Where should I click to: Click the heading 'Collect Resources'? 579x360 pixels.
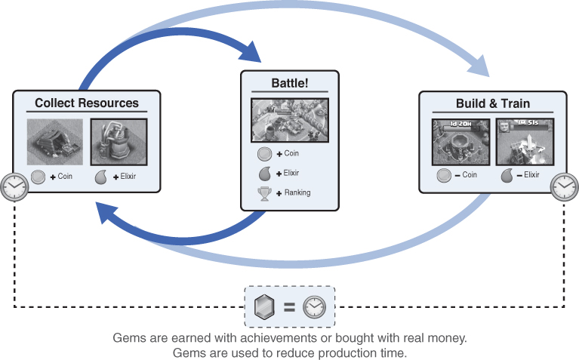click(x=87, y=103)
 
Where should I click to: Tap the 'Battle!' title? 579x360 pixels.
click(x=290, y=83)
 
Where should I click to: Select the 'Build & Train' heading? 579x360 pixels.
click(x=492, y=103)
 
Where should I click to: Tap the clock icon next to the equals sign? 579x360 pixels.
click(x=314, y=307)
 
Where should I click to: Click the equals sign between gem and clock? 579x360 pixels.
click(x=289, y=307)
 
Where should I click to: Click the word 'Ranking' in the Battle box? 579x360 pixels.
click(x=297, y=192)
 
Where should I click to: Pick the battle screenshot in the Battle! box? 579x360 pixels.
click(x=290, y=121)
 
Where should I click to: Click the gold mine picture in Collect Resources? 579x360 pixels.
click(x=55, y=141)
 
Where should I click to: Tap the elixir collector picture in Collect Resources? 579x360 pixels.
click(x=119, y=141)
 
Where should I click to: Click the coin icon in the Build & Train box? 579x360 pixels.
click(x=445, y=175)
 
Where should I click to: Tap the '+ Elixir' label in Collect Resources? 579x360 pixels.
click(x=127, y=178)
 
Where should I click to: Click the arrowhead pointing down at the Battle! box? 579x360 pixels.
click(x=252, y=54)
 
